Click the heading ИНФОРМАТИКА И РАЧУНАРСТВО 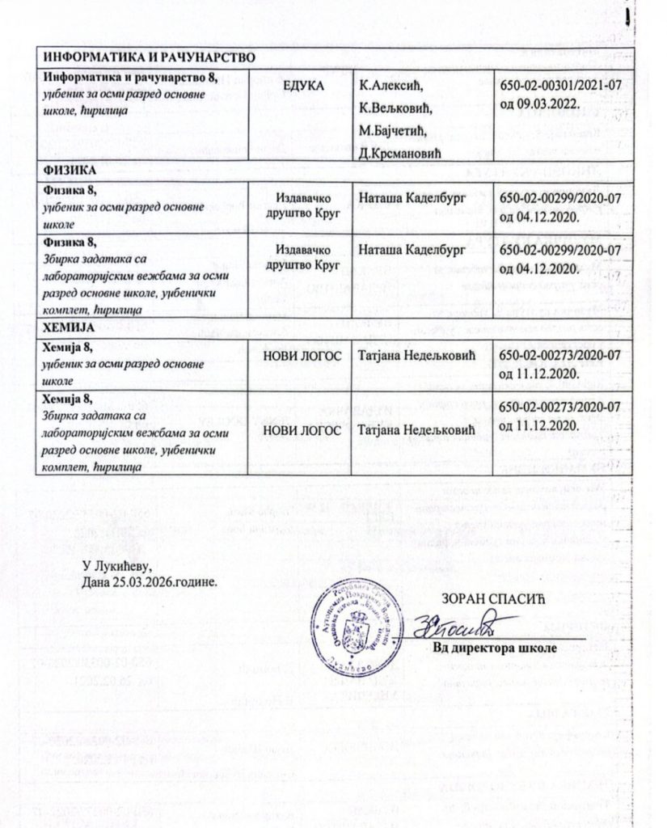149,57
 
